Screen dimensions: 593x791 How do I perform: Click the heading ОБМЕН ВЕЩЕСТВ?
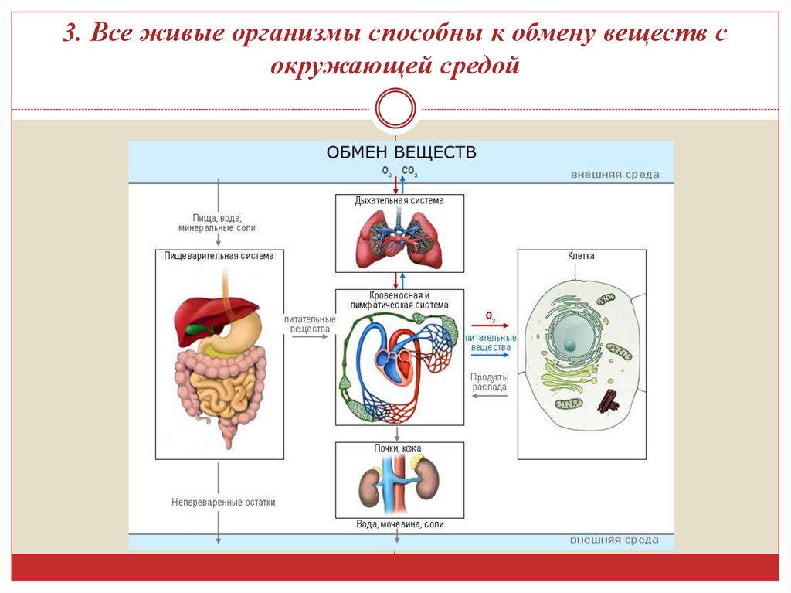pyautogui.click(x=401, y=152)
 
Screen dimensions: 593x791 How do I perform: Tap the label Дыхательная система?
pyautogui.click(x=399, y=201)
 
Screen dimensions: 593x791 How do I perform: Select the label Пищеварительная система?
pyautogui.click(x=219, y=255)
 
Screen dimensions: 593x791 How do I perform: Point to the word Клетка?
pyautogui.click(x=581, y=256)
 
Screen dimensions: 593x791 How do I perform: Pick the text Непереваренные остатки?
pyautogui.click(x=223, y=503)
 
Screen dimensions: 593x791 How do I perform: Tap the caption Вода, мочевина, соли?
pyautogui.click(x=400, y=524)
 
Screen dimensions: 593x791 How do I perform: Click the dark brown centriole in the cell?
pyautogui.click(x=609, y=400)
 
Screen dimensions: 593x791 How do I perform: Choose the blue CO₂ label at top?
pyautogui.click(x=409, y=171)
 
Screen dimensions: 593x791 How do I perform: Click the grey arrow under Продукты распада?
pyautogui.click(x=489, y=396)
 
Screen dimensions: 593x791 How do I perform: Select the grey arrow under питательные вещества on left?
pyautogui.click(x=309, y=339)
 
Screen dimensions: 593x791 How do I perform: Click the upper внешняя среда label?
pyautogui.click(x=615, y=175)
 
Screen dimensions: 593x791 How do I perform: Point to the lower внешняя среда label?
pyautogui.click(x=615, y=540)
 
